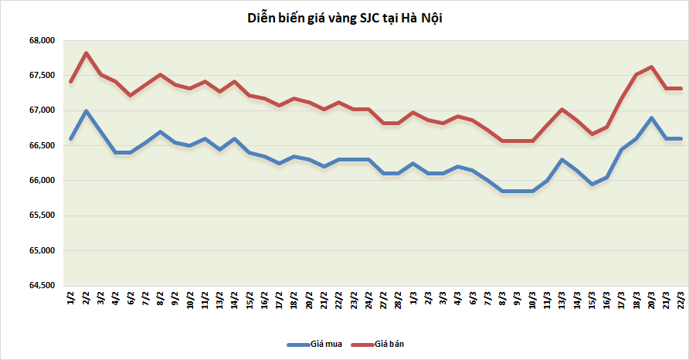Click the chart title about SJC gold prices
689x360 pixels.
(x=344, y=18)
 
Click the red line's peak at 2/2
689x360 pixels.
(x=86, y=53)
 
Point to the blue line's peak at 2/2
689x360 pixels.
(x=86, y=111)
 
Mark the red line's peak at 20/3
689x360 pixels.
(x=652, y=67)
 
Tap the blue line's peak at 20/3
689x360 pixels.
(x=652, y=118)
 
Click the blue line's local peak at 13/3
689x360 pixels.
(x=562, y=160)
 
